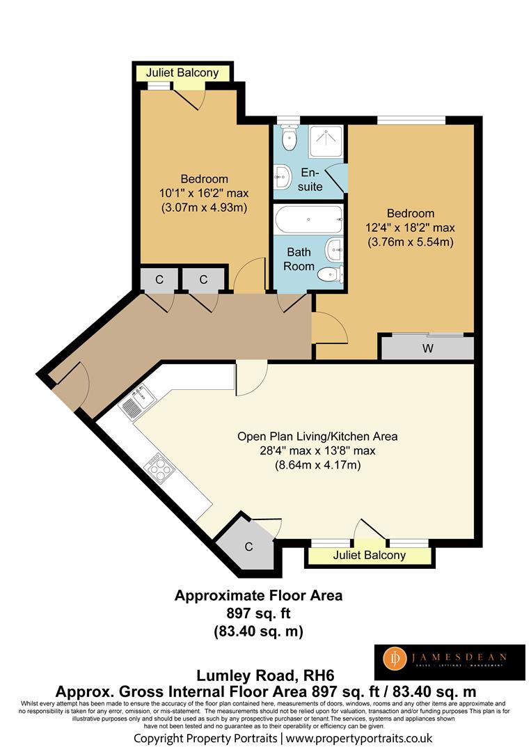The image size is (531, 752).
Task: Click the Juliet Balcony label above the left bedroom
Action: tap(182, 73)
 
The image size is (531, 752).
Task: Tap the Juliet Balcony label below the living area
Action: tap(369, 556)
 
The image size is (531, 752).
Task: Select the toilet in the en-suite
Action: tap(289, 138)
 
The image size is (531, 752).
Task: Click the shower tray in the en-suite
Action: tap(326, 141)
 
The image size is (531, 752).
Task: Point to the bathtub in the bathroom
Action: tap(309, 220)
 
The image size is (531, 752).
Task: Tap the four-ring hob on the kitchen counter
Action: tap(159, 466)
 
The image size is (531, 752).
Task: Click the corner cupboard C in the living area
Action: tap(248, 545)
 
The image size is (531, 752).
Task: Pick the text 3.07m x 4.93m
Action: tap(204, 207)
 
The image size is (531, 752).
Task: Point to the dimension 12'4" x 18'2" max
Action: tap(410, 227)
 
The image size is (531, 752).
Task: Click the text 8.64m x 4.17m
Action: tap(317, 464)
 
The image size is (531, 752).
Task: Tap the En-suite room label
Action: tap(310, 180)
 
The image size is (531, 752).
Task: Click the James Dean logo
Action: tap(450, 662)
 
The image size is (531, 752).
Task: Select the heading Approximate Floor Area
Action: tap(258, 595)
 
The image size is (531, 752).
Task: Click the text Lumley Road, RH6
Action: tap(265, 675)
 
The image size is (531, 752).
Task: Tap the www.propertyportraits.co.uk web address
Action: tap(359, 738)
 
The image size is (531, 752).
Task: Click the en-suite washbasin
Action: tap(283, 177)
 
